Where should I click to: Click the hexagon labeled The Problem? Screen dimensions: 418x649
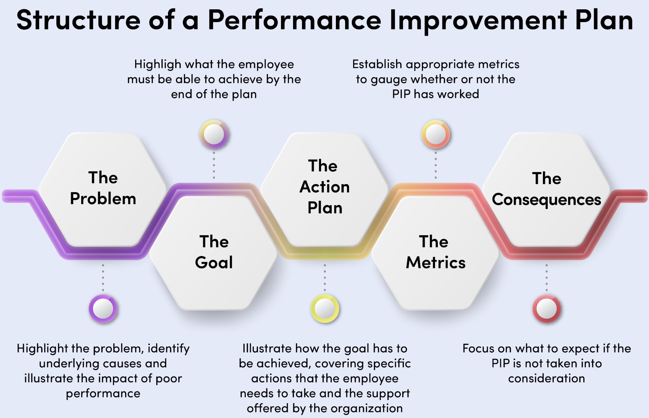click(103, 189)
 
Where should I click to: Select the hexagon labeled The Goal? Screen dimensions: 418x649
click(214, 252)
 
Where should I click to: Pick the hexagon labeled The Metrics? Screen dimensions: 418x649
click(435, 252)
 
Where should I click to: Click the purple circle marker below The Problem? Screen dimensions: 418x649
click(103, 308)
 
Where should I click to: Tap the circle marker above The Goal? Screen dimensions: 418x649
click(214, 134)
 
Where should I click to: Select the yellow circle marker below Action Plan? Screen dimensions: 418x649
click(324, 308)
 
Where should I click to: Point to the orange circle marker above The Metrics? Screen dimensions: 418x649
click(435, 134)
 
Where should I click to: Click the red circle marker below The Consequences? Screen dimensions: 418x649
click(546, 308)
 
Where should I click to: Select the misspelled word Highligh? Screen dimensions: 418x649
click(158, 65)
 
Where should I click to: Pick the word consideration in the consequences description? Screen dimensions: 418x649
click(546, 378)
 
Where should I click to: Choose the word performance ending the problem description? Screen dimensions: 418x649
click(103, 393)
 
